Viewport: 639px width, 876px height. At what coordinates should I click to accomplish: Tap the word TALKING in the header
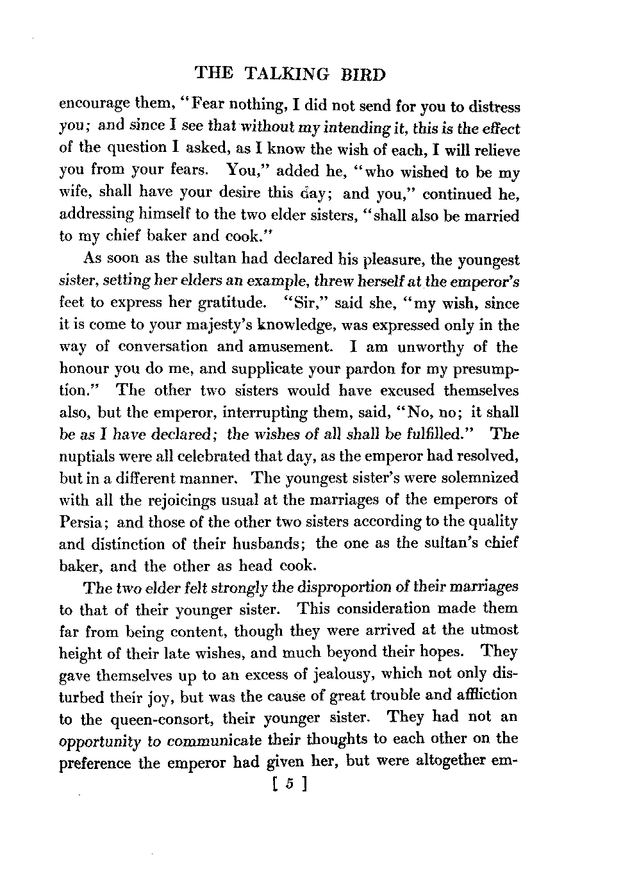pyautogui.click(x=287, y=74)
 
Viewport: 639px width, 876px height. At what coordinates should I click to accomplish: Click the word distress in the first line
pyautogui.click(x=492, y=106)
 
